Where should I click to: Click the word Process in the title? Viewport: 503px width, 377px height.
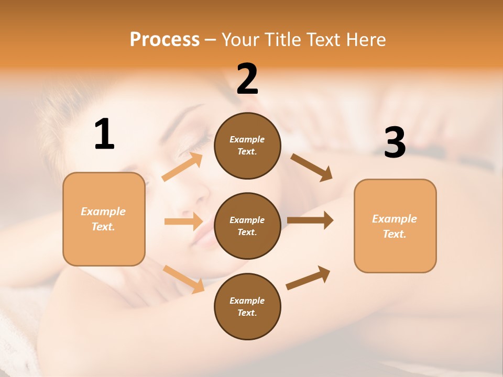pyautogui.click(x=165, y=39)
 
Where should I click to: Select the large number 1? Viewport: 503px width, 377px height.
pyautogui.click(x=104, y=135)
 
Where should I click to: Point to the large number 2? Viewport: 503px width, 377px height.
pyautogui.click(x=247, y=79)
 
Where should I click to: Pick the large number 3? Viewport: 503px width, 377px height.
pyautogui.click(x=395, y=142)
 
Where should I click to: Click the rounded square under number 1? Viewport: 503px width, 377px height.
pyautogui.click(x=104, y=219)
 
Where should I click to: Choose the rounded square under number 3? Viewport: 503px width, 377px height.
pyautogui.click(x=395, y=226)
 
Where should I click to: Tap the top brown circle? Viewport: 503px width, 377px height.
pyautogui.click(x=247, y=146)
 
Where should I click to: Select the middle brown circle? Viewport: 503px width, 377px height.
pyautogui.click(x=247, y=226)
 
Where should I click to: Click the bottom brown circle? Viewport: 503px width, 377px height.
pyautogui.click(x=247, y=306)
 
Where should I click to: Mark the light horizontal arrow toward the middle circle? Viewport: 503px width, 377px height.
pyautogui.click(x=183, y=221)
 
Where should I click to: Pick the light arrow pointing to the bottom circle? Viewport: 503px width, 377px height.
pyautogui.click(x=183, y=279)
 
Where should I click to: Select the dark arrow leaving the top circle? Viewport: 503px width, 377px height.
pyautogui.click(x=312, y=167)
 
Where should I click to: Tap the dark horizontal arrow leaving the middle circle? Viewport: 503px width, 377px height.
pyautogui.click(x=310, y=220)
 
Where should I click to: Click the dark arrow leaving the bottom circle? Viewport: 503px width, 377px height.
pyautogui.click(x=308, y=278)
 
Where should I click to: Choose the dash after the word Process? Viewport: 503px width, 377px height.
pyautogui.click(x=210, y=40)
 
